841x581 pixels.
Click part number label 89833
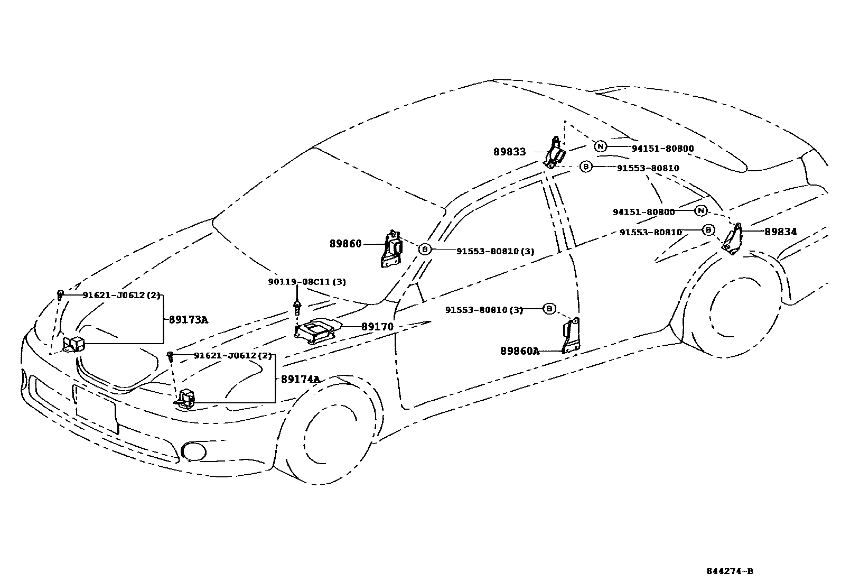[x=509, y=152]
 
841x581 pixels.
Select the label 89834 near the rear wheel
[x=780, y=232]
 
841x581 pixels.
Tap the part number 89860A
[x=520, y=351]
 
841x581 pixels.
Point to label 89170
[x=377, y=327]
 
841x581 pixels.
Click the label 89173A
[x=189, y=320]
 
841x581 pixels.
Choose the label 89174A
[x=301, y=379]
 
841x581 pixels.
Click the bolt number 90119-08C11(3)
[x=306, y=282]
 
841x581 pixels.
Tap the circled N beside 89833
[x=600, y=146]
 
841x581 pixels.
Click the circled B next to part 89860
[x=425, y=250]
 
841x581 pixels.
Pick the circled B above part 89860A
[x=549, y=309]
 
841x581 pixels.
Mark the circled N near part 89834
[x=700, y=211]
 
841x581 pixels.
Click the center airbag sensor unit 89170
[x=318, y=331]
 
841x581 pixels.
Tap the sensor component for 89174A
[x=186, y=399]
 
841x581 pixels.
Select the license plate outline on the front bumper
[x=96, y=408]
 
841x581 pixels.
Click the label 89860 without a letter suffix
[x=345, y=244]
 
